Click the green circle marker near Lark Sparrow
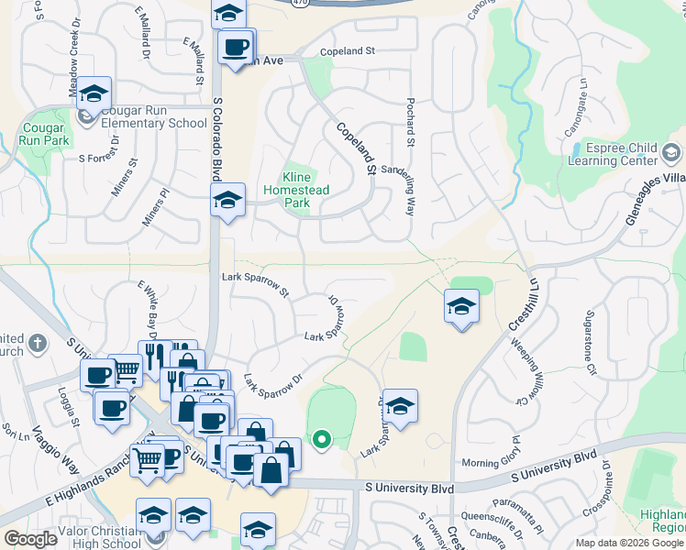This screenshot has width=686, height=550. [x=321, y=440]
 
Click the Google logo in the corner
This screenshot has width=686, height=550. [x=30, y=539]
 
